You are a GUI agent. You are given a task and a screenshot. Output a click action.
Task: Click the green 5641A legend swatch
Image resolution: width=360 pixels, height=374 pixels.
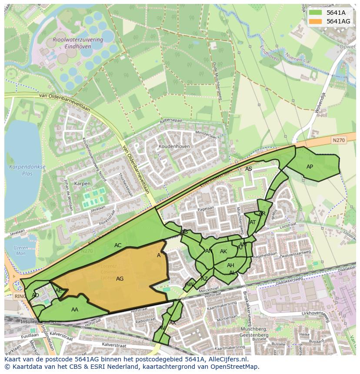pos(315,13)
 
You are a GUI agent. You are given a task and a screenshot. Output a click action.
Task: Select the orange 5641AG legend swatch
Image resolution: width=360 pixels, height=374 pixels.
pos(315,21)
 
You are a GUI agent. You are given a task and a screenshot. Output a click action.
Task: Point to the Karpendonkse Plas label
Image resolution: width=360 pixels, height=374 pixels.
pos(21,170)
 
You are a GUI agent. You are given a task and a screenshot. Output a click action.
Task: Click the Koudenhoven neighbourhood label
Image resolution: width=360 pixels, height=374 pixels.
pos(174,147)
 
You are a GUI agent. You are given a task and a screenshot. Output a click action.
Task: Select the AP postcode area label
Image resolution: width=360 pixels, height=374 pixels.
pos(310,167)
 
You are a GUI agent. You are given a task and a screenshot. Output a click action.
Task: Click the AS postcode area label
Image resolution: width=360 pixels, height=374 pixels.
pos(248,169)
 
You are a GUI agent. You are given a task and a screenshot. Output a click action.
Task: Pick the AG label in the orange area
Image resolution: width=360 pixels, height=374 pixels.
pos(120,279)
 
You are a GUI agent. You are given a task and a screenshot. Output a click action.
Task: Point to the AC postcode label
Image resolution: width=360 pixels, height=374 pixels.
pos(118,245)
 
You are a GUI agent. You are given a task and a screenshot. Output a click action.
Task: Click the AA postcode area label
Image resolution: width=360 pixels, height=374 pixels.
pos(75,310)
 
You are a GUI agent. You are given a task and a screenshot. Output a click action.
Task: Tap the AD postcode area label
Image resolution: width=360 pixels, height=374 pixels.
pos(36,295)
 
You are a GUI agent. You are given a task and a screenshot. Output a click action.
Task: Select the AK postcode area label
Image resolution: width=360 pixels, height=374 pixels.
pos(223,252)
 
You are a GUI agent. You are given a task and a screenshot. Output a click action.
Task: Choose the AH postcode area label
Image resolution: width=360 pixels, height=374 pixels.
pos(230,265)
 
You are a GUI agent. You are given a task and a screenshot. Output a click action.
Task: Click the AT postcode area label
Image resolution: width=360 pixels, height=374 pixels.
pos(253,222)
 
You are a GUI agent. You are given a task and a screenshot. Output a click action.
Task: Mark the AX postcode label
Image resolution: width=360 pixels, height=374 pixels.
pos(173,323)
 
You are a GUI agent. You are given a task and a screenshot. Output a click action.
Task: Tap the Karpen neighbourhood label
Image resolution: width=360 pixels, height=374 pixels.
pos(82,184)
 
